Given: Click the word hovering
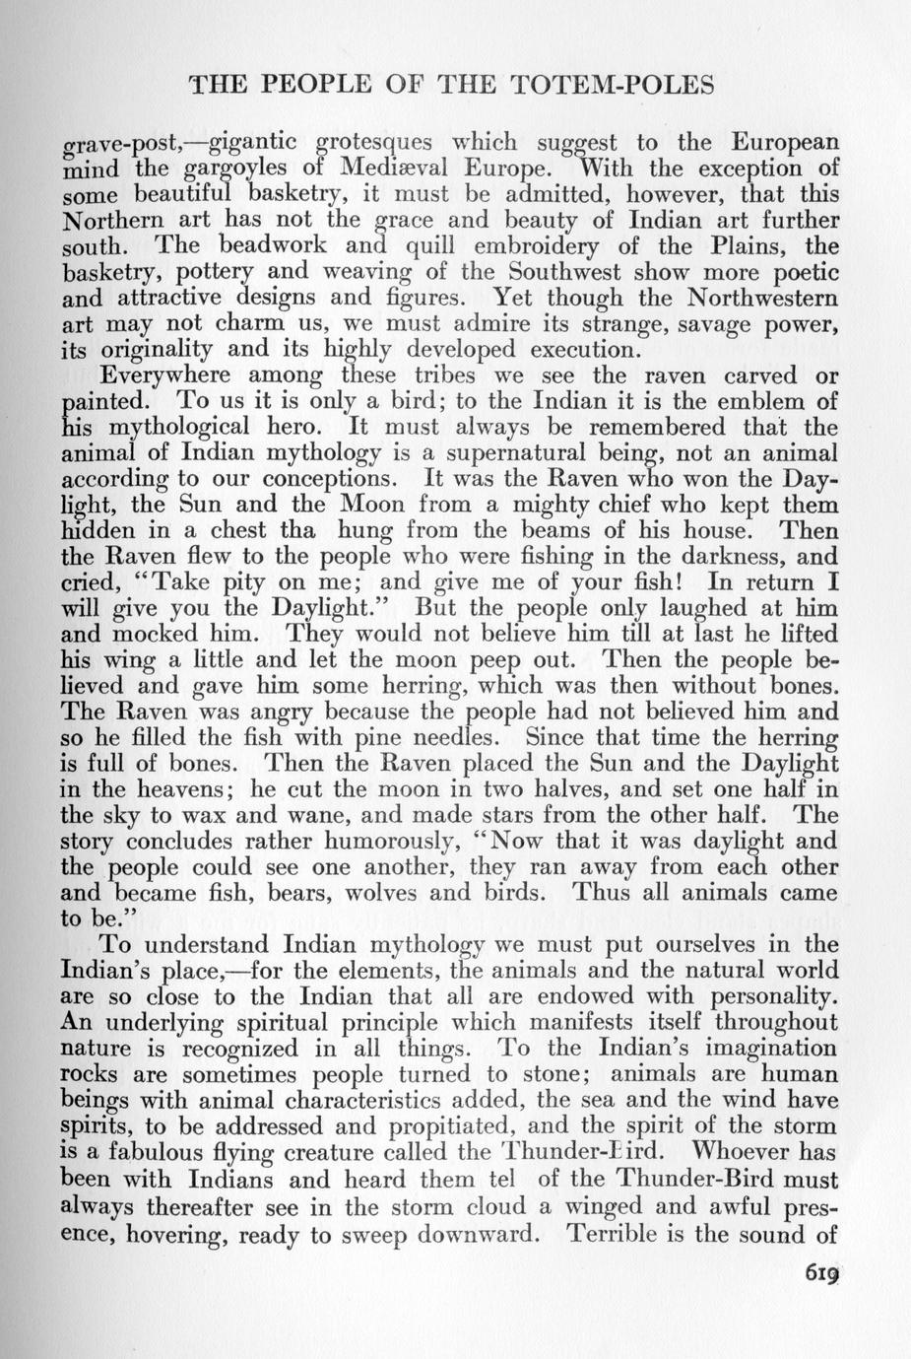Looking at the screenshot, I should click(167, 1232).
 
